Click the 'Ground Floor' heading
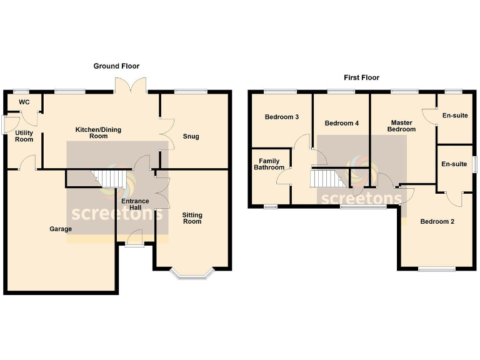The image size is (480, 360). click(116, 66)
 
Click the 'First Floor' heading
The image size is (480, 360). click(361, 77)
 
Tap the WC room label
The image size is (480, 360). click(24, 102)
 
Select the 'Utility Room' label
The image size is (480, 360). click(24, 136)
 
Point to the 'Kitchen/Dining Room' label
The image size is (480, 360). click(98, 132)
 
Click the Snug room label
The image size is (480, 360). click(191, 136)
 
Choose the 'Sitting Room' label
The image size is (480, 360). click(192, 218)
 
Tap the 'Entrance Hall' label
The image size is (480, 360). click(134, 204)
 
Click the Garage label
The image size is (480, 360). click(61, 229)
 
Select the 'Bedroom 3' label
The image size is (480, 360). click(281, 117)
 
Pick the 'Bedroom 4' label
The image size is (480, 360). click(342, 123)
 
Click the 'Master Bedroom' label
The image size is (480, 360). click(403, 126)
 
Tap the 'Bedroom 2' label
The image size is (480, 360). click(437, 221)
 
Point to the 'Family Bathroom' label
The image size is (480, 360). click(269, 164)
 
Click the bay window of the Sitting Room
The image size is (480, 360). click(192, 273)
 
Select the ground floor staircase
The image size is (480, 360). click(111, 179)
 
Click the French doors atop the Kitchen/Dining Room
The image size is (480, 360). click(131, 86)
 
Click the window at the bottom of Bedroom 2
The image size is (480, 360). click(437, 269)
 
